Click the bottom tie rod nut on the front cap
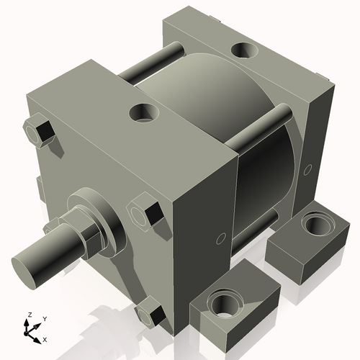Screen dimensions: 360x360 [x=150, y=313]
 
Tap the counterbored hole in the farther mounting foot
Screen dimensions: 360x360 [x=315, y=226]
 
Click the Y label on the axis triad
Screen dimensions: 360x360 [x=44, y=318]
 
